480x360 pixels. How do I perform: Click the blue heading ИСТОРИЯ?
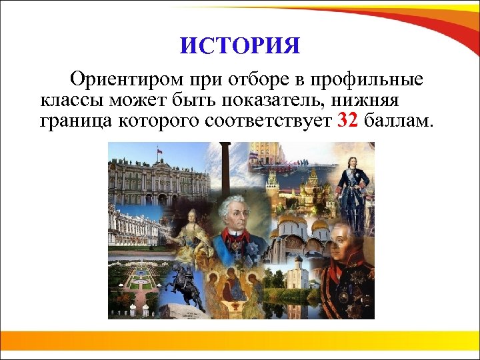point(240,47)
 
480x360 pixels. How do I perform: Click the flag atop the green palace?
point(159,153)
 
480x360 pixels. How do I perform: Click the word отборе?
point(251,81)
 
